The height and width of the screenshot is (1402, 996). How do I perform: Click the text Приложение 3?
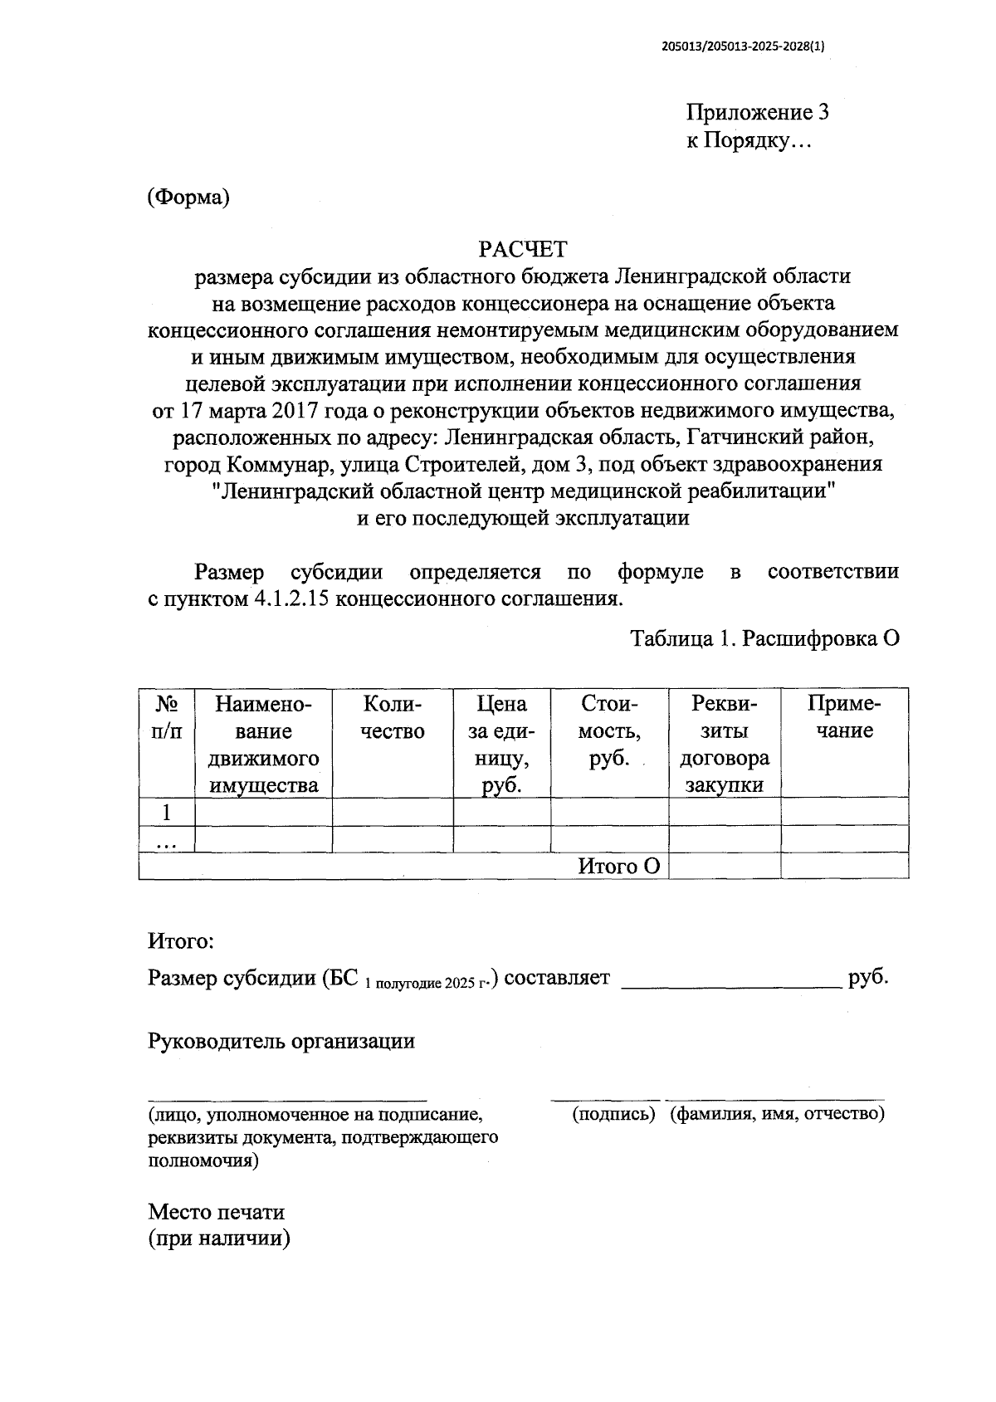point(757,112)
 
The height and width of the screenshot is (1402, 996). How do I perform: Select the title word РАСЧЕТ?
point(523,249)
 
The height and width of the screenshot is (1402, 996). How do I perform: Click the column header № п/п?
point(167,717)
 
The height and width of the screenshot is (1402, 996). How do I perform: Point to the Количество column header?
point(393,717)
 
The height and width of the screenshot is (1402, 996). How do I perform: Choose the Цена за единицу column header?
point(501,744)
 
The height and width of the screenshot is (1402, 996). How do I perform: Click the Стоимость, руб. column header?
point(609,730)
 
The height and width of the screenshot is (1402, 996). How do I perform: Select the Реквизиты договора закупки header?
point(725,744)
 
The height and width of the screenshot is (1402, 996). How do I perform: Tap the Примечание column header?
point(844,717)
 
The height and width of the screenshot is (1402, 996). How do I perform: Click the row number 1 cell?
point(167,811)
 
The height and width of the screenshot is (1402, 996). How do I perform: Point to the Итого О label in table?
point(619,866)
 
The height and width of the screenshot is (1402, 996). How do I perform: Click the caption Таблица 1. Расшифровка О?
point(765,639)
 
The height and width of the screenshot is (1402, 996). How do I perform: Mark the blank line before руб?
point(731,979)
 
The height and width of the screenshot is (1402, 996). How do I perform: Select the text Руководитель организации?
point(281,1041)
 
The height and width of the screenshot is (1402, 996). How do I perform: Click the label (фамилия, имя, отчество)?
point(778,1114)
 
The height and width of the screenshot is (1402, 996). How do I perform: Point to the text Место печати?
point(217,1212)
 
